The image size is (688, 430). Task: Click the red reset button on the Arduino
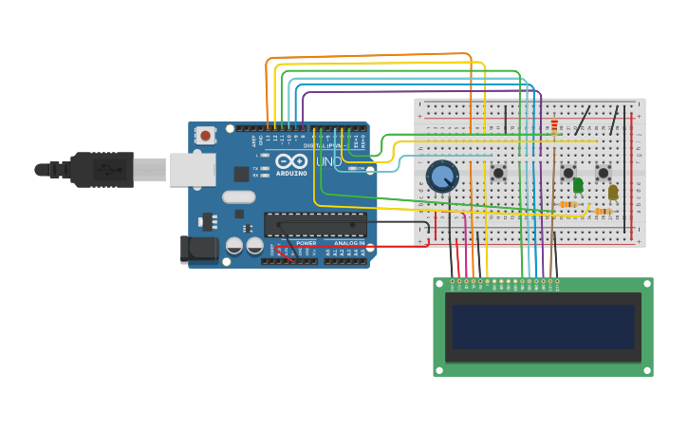coord(205,136)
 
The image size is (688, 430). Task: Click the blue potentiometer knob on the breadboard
coord(442,176)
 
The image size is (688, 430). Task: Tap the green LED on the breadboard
coord(578,185)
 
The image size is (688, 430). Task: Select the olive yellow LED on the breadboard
coord(613,192)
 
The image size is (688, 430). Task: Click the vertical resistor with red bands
coord(554,127)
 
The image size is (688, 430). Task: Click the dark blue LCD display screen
coord(543,327)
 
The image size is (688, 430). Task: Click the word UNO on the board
coord(328,161)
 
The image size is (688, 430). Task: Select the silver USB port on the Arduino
coord(193,169)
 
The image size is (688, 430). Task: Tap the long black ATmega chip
coord(315,225)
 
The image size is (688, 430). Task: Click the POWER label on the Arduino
coord(306,243)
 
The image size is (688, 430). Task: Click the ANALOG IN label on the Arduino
coord(348,243)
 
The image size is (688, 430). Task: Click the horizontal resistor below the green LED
coord(568,204)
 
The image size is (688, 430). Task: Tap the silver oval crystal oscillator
coord(239,197)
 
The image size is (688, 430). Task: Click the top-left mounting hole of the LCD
coord(439,284)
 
